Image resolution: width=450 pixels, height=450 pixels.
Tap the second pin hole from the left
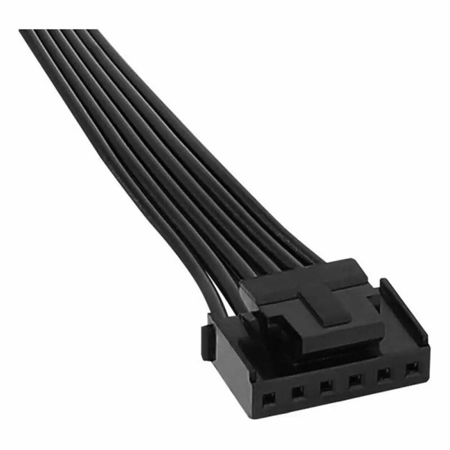(297, 390)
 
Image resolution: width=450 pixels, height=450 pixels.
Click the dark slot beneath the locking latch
(334, 352)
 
